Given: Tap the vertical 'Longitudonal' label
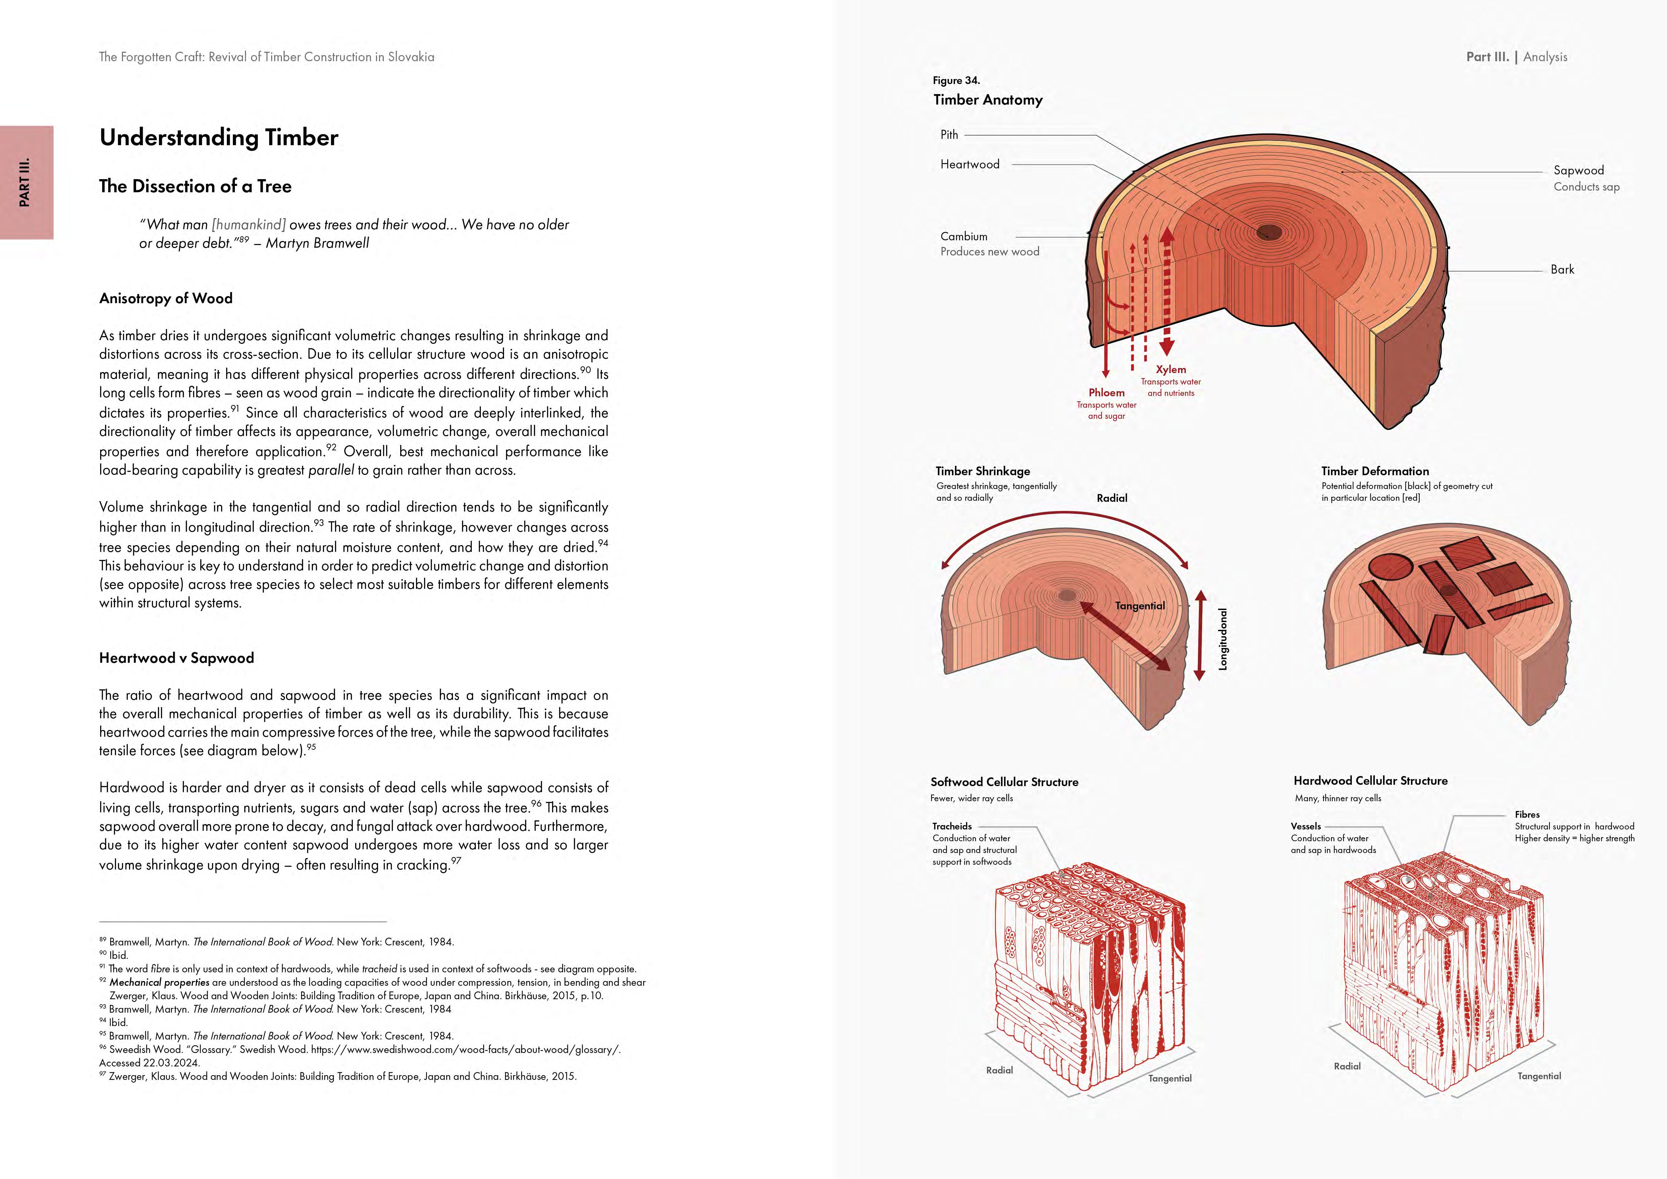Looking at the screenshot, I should click(x=1223, y=639).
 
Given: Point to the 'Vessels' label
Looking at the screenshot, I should click(x=1305, y=826).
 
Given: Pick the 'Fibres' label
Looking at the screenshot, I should click(x=1527, y=815).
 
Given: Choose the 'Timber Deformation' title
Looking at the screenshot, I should click(x=1374, y=471).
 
